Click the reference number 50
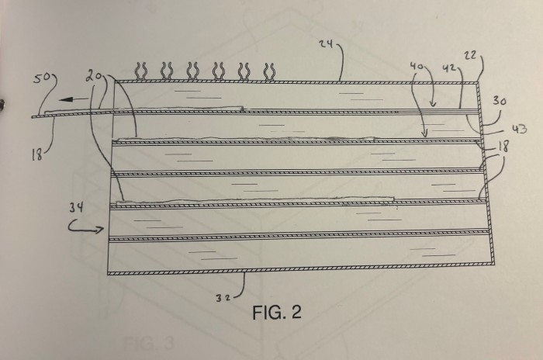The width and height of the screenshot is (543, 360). [42, 78]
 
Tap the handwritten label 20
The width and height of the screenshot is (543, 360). [95, 77]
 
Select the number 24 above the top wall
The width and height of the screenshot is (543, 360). [327, 43]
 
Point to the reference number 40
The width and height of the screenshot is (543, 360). [417, 65]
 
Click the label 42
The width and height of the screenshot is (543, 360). [449, 68]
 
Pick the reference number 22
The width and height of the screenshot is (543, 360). [471, 55]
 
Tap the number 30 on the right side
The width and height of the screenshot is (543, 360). [499, 101]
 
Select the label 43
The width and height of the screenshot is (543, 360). [520, 129]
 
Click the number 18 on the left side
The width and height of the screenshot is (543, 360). [36, 156]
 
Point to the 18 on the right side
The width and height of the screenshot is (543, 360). [503, 147]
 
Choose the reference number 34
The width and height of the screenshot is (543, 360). [76, 208]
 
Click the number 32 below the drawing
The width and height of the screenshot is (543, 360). [223, 298]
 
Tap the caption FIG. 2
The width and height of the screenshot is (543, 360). [277, 312]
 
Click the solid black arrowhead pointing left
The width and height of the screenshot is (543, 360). [66, 100]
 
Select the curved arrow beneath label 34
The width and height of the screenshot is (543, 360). [86, 227]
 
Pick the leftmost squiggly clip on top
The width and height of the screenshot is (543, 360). [142, 71]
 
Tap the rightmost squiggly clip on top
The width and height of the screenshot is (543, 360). [269, 72]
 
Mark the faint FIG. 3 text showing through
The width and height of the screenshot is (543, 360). [149, 344]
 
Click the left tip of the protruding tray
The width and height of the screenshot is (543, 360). [33, 117]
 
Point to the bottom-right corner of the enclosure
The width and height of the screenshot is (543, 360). [493, 264]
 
